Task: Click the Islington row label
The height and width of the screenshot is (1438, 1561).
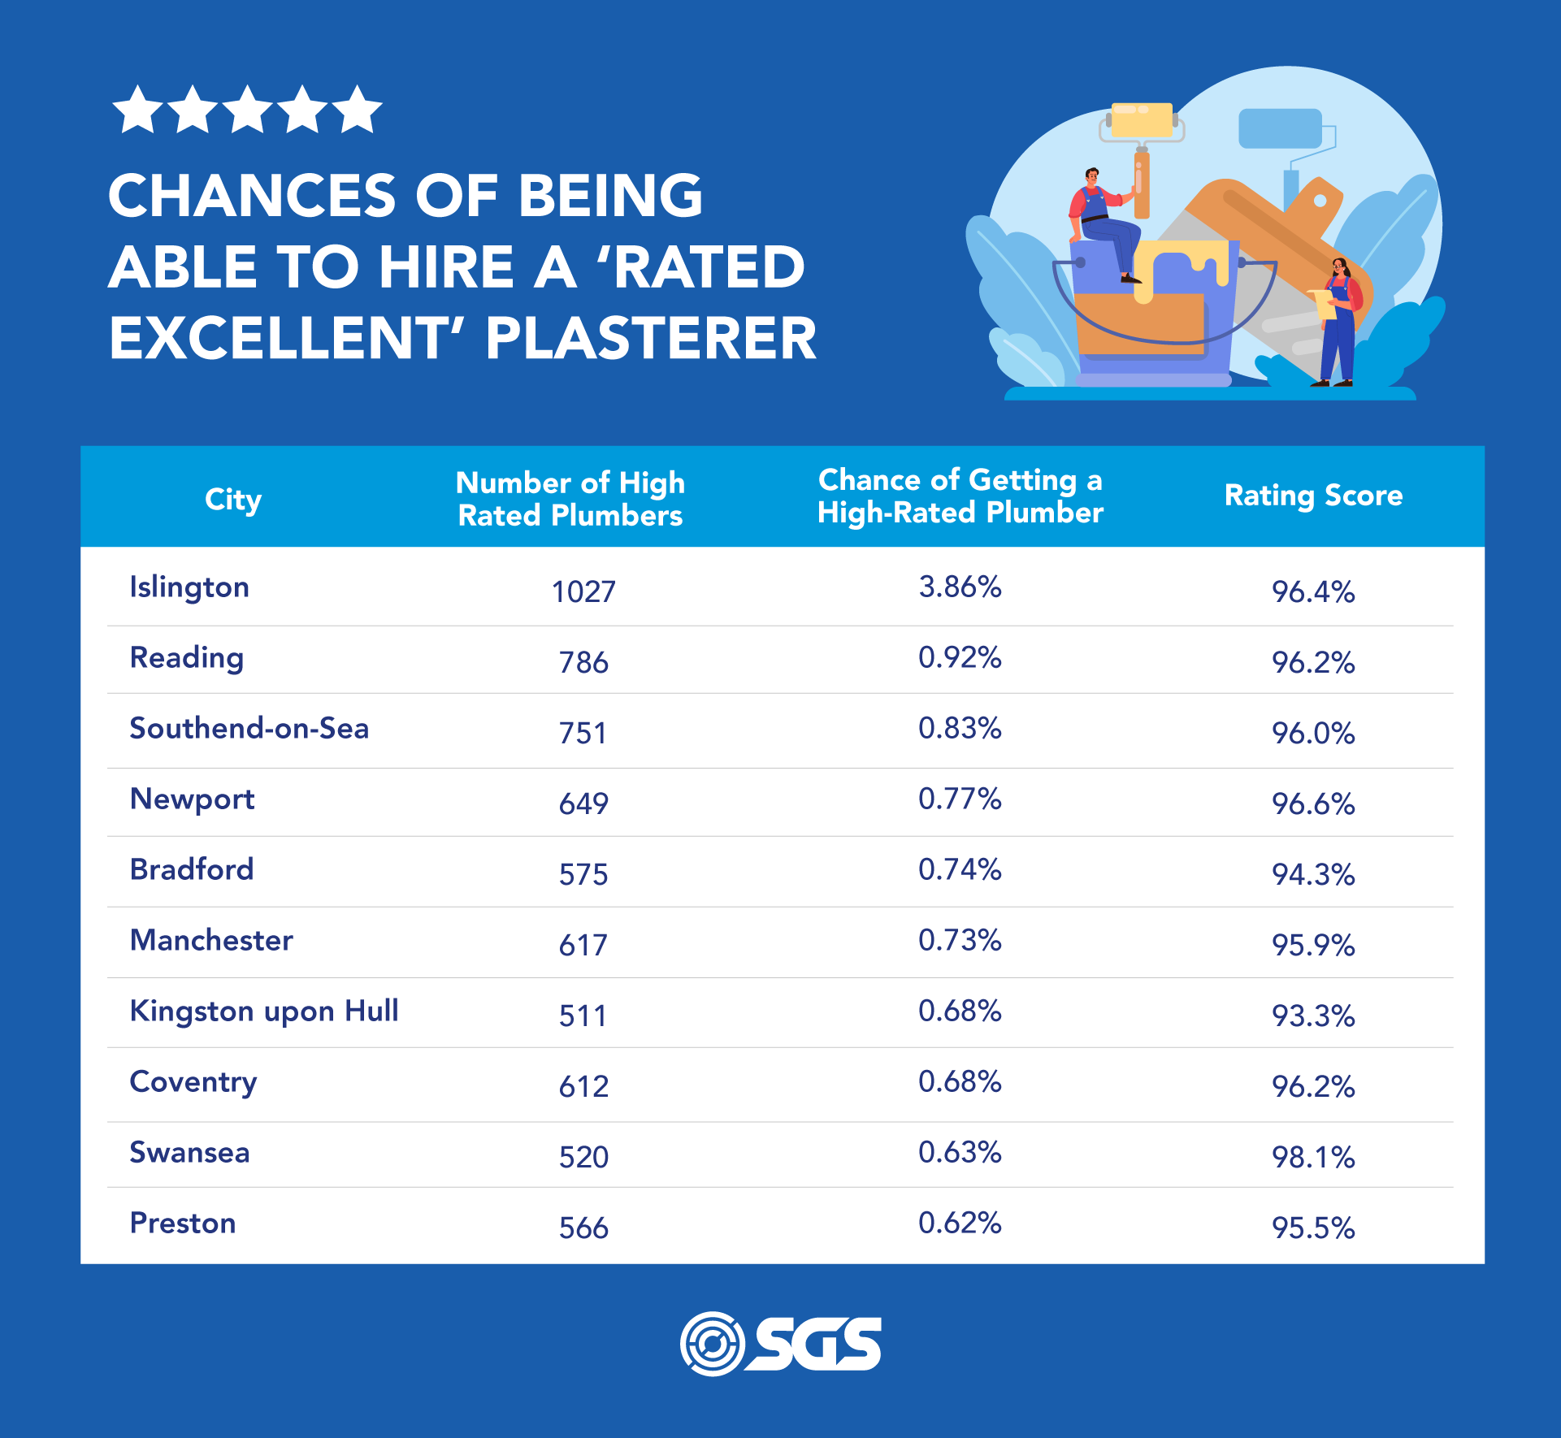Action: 189,587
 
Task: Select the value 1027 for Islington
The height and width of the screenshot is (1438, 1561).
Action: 583,591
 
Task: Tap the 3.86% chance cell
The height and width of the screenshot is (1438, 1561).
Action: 960,587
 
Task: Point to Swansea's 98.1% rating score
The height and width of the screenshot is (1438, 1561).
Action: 1313,1157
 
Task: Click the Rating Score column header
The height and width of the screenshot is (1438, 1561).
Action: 1313,496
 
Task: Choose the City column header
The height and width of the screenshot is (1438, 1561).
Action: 233,499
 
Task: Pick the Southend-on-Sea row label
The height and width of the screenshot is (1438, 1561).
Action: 249,729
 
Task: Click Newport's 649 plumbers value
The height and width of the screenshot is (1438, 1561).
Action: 583,803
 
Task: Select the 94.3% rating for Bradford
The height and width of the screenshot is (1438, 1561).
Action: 1313,874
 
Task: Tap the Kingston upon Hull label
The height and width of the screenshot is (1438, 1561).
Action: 264,1011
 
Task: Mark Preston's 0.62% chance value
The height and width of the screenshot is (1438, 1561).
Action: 960,1223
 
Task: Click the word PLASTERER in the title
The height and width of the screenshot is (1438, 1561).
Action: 650,338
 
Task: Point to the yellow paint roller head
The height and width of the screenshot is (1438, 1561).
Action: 1142,120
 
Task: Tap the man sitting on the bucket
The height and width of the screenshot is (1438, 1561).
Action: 1101,219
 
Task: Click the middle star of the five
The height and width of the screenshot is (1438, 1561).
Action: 247,110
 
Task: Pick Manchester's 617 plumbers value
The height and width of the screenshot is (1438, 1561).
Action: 583,945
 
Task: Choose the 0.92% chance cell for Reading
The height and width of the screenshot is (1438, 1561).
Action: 960,657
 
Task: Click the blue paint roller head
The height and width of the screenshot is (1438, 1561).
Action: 1280,128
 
